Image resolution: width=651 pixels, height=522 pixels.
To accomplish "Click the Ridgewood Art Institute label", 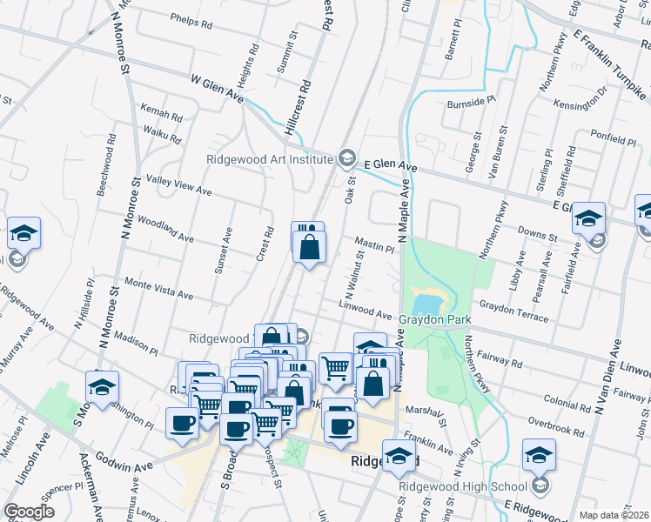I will [269, 158].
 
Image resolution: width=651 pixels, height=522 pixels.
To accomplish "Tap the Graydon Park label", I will [434, 320].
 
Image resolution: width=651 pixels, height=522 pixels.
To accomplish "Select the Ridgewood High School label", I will [464, 486].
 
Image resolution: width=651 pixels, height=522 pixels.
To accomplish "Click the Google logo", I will [29, 511].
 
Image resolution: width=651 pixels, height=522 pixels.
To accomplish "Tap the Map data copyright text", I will [614, 515].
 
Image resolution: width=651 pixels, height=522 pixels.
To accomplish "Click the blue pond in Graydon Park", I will [426, 304].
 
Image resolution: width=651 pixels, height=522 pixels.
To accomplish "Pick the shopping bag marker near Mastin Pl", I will [310, 247].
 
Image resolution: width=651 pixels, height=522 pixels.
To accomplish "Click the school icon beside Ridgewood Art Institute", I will [346, 157].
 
